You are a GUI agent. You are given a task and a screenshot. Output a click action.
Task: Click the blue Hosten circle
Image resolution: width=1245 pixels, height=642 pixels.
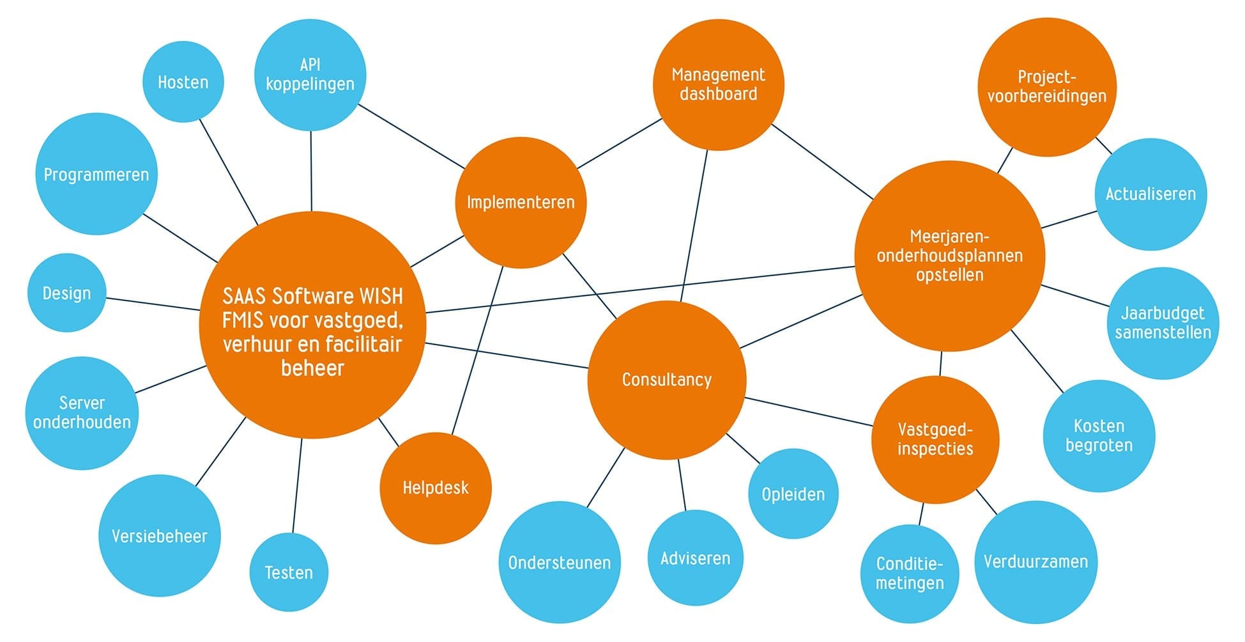click(x=183, y=82)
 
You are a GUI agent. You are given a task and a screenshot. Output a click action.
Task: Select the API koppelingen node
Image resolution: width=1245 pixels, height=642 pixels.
click(x=310, y=75)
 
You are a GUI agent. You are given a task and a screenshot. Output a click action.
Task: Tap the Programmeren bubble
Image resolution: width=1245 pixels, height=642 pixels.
click(x=96, y=175)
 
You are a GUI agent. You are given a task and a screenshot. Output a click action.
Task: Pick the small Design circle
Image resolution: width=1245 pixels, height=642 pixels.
click(x=66, y=294)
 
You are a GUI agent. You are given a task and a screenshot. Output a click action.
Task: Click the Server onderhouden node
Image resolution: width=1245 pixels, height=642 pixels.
click(x=82, y=413)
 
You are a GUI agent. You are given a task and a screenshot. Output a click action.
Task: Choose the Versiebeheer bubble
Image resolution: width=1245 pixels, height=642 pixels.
click(x=160, y=536)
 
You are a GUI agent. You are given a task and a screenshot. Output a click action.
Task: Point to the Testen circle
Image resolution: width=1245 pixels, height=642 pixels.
click(x=289, y=572)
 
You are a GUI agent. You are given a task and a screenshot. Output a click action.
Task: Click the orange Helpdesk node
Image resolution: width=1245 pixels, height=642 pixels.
click(x=436, y=489)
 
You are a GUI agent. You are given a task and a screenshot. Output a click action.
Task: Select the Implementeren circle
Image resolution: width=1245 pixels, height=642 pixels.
click(x=521, y=203)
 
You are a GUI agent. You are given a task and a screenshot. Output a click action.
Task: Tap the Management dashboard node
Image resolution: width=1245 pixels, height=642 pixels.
click(x=718, y=84)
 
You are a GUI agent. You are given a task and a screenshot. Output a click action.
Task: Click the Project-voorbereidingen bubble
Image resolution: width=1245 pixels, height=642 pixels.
click(x=1046, y=87)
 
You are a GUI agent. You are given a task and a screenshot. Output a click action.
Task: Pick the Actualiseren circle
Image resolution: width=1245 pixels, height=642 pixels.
click(x=1150, y=194)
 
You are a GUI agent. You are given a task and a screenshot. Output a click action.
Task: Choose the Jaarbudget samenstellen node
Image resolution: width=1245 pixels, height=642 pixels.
click(x=1163, y=323)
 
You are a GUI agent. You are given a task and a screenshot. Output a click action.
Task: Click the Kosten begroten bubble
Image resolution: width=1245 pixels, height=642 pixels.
click(x=1099, y=436)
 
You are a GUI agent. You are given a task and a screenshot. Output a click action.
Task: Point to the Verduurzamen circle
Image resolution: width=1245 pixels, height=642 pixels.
click(x=1035, y=562)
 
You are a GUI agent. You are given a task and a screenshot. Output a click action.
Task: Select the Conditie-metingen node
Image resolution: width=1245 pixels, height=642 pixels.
click(x=910, y=574)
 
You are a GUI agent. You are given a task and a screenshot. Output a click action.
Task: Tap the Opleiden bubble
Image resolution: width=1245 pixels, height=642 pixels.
click(x=793, y=494)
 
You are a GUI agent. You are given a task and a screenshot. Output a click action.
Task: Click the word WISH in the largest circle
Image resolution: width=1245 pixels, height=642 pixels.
click(x=381, y=297)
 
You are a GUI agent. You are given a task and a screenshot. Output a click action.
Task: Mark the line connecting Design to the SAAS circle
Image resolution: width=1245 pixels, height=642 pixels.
click(x=153, y=304)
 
